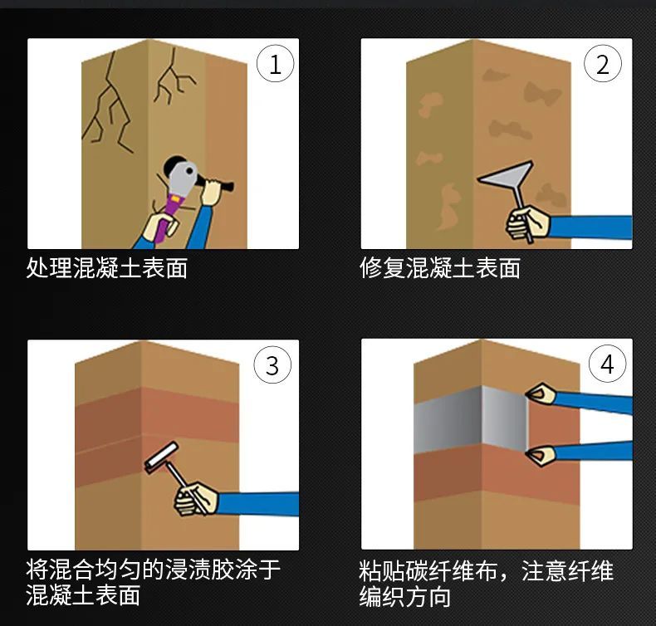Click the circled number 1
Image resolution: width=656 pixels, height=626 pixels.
274,65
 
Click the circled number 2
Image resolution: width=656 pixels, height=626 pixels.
604,65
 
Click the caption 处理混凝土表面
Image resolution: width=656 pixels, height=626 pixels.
107,268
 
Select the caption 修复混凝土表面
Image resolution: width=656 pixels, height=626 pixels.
440,268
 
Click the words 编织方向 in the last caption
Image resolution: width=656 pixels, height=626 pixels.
405,597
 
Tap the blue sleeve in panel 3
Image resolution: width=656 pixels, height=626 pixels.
257,503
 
